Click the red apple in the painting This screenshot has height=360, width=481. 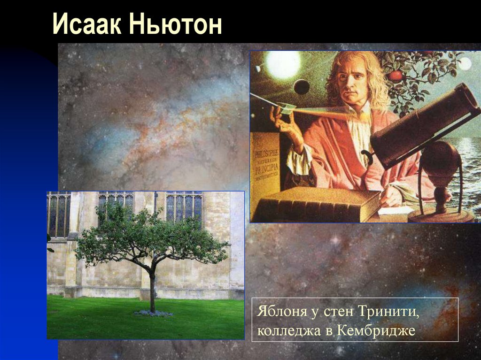click(x=396, y=75)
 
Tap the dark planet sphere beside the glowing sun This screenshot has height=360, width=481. click(x=302, y=86)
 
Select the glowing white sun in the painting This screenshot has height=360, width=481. click(x=283, y=64)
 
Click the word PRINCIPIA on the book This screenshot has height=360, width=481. click(x=266, y=168)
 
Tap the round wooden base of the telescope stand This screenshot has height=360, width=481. click(x=440, y=215)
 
